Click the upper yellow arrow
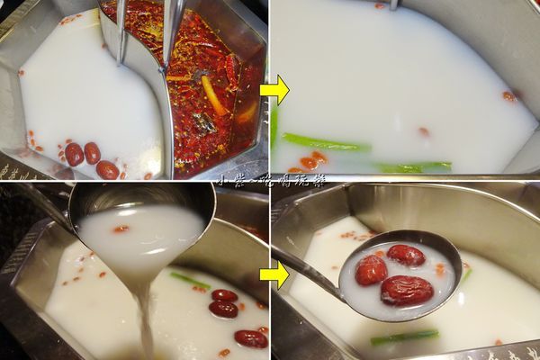275,90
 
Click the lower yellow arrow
276,274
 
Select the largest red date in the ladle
406,290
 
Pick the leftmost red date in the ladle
370,270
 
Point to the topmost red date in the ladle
405,256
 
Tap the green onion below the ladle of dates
404,337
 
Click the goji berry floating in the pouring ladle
121,229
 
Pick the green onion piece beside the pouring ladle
190,280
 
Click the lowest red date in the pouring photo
250,338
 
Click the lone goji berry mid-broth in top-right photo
423,131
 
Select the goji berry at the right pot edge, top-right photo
508,95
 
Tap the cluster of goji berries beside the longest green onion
310,161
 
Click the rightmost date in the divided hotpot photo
107,169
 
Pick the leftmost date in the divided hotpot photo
74,154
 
